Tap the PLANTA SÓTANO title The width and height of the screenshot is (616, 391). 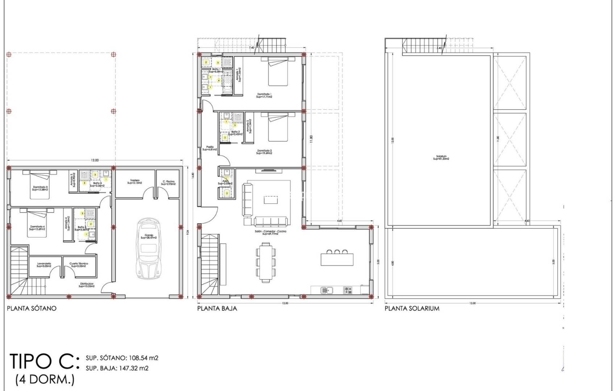pos(32,308)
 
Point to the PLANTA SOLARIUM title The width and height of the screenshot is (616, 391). pos(412,308)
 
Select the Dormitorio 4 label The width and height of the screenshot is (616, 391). pos(38,228)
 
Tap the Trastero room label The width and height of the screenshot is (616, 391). pos(134,182)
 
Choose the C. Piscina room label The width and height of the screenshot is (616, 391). pos(169,182)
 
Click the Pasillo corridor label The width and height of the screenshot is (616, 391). pos(210,148)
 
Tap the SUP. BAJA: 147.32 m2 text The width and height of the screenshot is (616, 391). pos(117,368)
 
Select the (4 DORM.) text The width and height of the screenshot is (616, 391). pos(45,380)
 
